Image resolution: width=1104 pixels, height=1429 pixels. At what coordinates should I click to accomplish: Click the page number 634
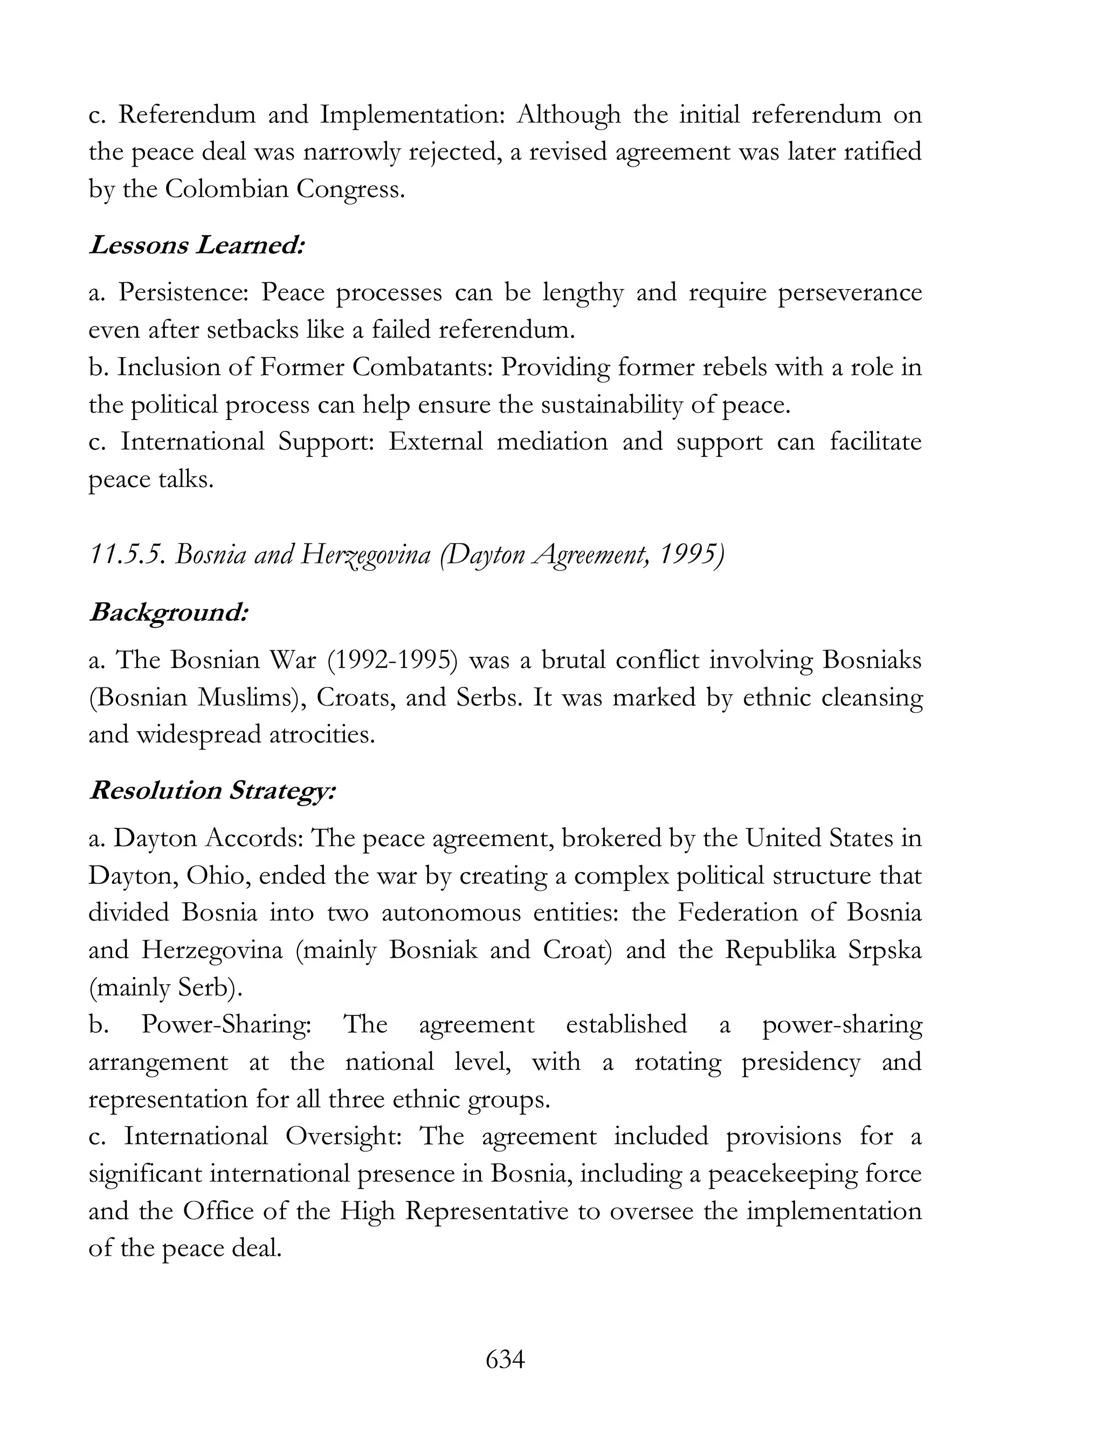tap(505, 1359)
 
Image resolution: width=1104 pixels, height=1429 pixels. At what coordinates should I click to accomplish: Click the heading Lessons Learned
tap(197, 245)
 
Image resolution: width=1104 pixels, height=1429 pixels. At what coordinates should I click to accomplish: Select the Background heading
tap(169, 613)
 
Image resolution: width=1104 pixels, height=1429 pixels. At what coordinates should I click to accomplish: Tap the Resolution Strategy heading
tap(212, 791)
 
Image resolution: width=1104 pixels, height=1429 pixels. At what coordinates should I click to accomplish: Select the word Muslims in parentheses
tap(251, 697)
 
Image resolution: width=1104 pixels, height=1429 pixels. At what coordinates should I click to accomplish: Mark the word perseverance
tap(850, 292)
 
